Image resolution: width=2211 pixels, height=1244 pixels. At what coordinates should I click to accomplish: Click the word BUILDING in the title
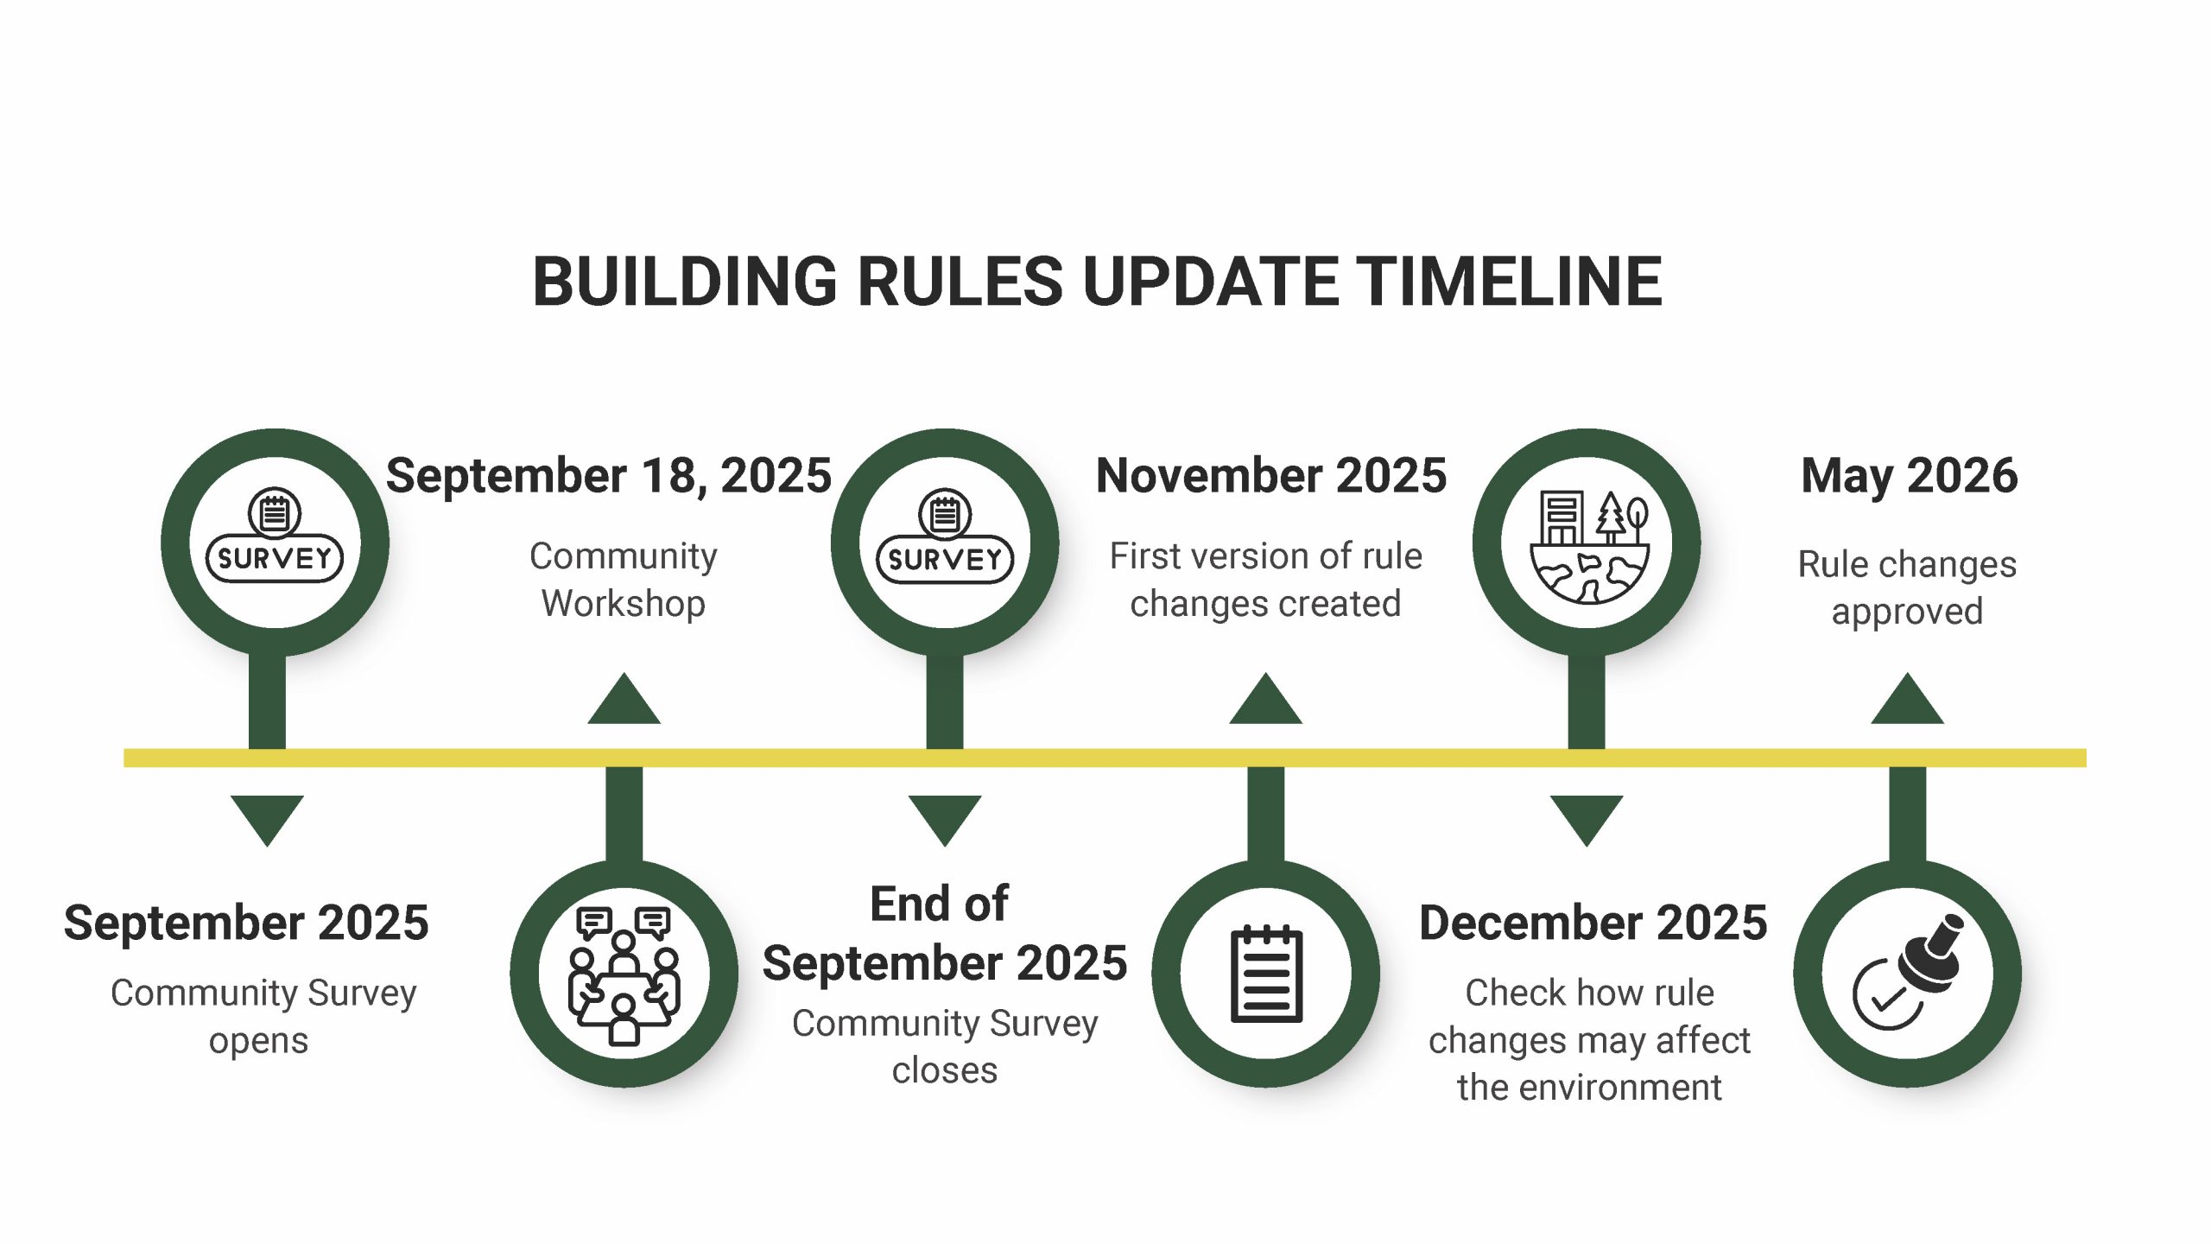pos(685,282)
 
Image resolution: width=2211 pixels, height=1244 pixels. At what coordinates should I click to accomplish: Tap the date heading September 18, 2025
pos(608,476)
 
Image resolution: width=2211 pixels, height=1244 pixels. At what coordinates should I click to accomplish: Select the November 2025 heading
pos(1270,475)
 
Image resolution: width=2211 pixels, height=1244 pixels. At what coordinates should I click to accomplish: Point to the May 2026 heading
pos(1909,477)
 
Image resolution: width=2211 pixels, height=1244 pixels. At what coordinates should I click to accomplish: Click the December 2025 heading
pos(1593,923)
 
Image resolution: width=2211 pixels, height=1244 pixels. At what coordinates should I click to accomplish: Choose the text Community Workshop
pos(624,580)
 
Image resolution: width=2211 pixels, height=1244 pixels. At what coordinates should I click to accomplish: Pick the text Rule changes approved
pos(1907,587)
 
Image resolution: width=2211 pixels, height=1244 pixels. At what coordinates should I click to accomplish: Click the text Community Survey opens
pos(263,1017)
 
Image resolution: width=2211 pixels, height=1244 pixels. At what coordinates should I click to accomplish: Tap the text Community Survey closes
pos(945,1047)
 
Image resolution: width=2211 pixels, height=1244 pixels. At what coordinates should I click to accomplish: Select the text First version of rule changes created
pos(1265,580)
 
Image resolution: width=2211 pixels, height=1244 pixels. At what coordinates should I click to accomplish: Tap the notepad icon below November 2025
pos(1266,974)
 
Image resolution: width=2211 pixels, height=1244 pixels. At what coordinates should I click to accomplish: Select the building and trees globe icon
pos(1587,546)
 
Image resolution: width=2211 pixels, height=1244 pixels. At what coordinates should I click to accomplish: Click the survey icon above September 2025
pos(275,536)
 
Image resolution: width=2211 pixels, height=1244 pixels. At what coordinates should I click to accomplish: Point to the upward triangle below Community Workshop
pos(624,698)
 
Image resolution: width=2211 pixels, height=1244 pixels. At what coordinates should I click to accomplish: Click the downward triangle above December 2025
pos(1587,821)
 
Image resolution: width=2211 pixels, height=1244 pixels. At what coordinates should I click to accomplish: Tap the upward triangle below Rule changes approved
pos(1907,698)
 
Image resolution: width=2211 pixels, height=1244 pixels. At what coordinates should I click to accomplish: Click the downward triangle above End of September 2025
pos(945,821)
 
